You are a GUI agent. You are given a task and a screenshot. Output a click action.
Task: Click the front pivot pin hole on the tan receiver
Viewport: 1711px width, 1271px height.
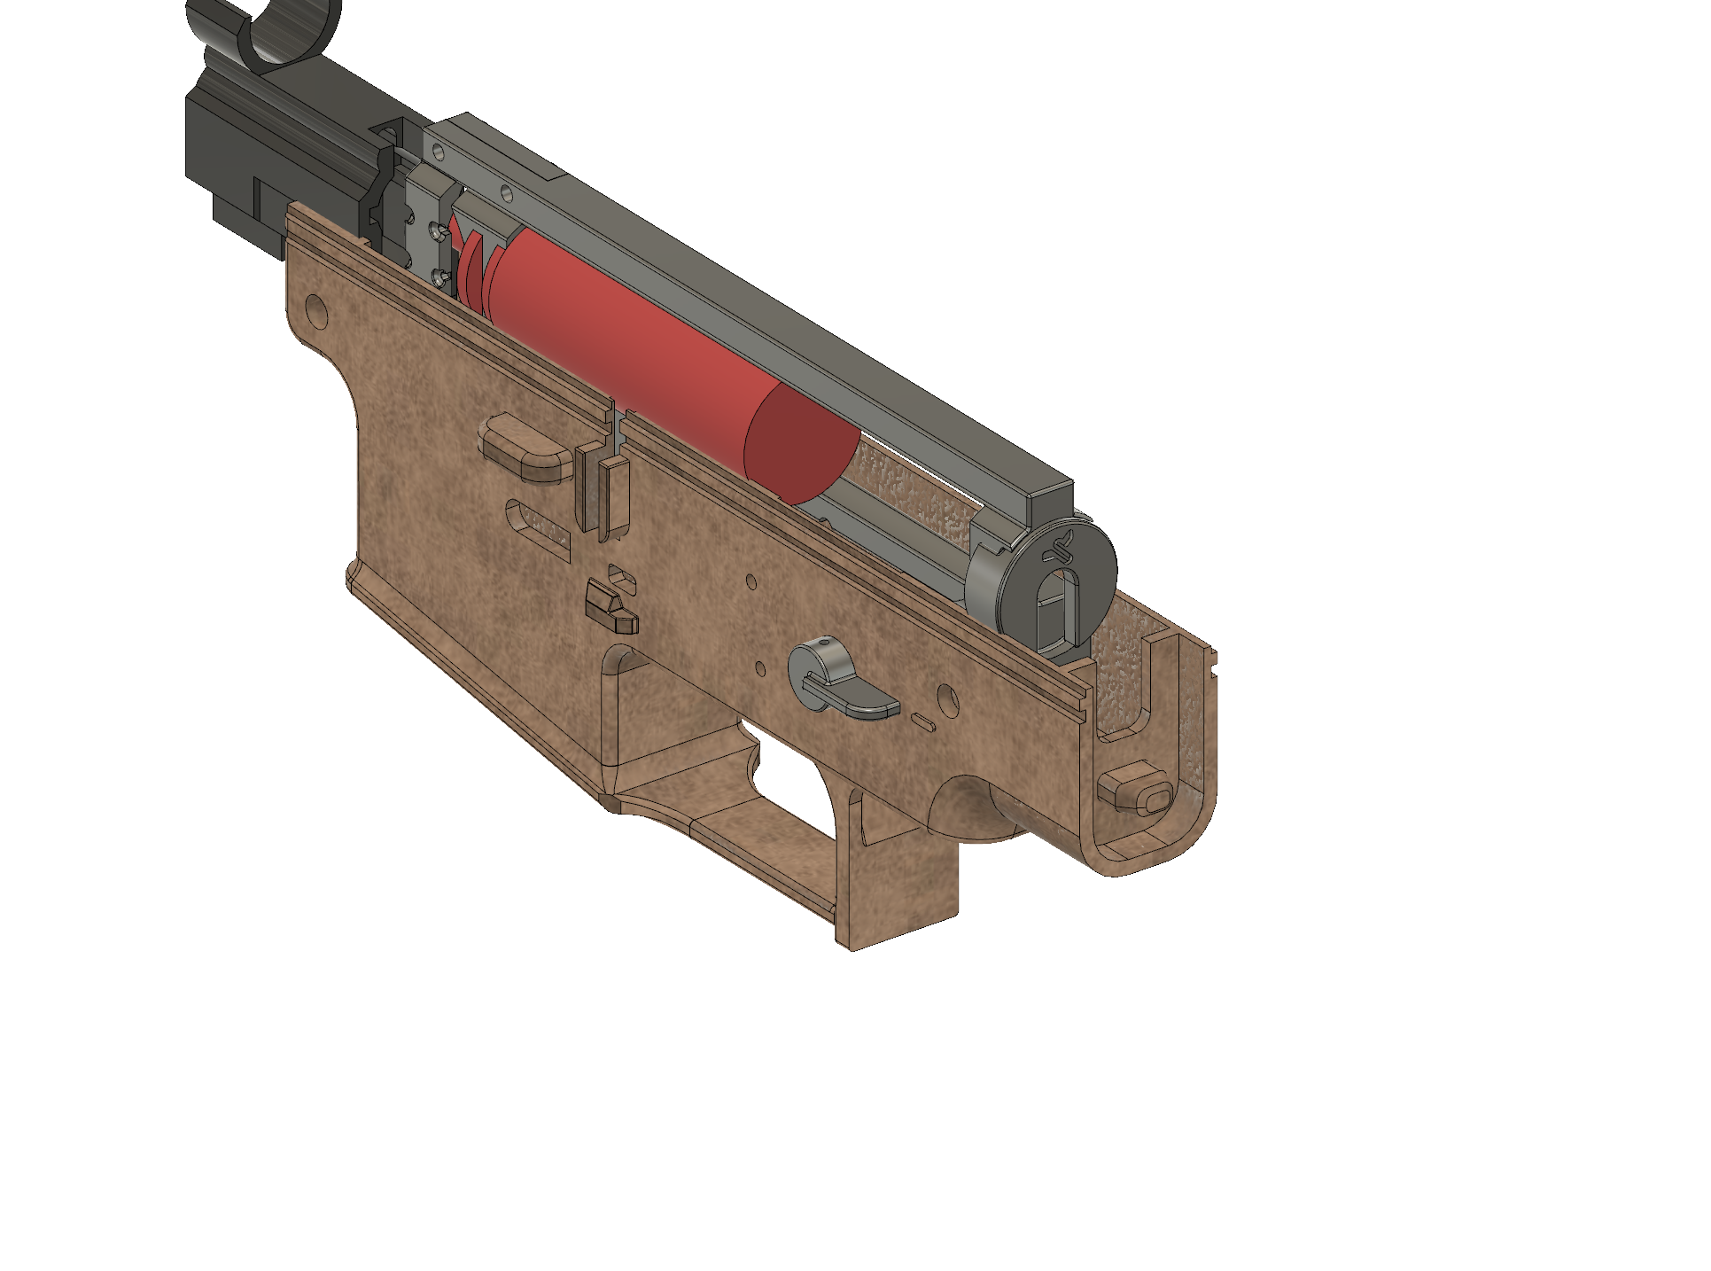point(315,309)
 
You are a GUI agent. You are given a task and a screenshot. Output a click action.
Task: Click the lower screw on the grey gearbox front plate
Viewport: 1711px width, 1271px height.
point(439,277)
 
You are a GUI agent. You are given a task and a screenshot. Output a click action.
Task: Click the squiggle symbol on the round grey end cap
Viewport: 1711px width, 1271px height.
point(1059,550)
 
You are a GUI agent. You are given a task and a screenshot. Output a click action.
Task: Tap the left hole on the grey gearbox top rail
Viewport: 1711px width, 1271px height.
point(438,152)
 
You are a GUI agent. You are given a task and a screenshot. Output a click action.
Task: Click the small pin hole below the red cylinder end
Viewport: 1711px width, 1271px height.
point(751,582)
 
